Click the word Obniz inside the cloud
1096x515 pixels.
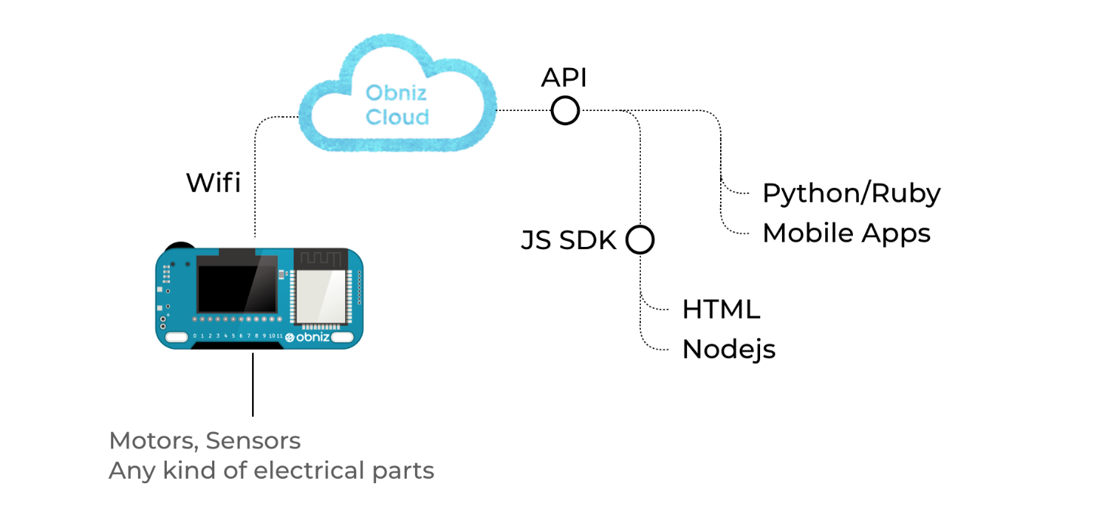397,94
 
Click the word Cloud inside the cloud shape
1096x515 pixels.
397,117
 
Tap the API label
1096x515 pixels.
564,78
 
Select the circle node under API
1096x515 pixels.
565,111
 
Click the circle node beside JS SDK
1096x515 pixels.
639,240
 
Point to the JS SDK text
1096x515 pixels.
569,241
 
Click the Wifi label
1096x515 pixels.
214,183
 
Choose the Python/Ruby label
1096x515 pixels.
851,193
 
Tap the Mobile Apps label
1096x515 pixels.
846,233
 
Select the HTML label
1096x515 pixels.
721,310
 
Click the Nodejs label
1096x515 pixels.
728,350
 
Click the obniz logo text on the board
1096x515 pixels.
311,337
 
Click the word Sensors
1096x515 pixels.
254,441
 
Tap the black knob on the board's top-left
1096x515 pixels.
179,247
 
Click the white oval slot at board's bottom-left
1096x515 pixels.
177,337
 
